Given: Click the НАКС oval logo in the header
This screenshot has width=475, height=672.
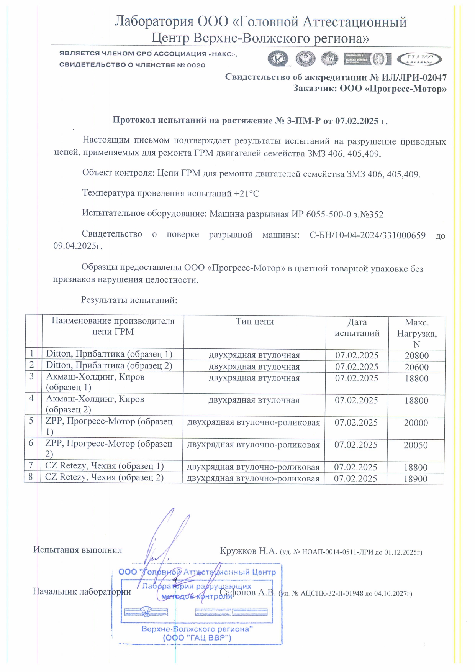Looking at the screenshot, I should pyautogui.click(x=419, y=59).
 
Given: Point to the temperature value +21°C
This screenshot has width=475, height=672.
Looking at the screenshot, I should pyautogui.click(x=246, y=194).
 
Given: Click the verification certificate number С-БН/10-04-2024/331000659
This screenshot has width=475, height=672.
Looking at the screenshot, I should pyautogui.click(x=367, y=235).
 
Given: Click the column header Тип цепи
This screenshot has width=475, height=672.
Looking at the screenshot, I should pyautogui.click(x=255, y=322).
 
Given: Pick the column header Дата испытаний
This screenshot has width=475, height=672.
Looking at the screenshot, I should pyautogui.click(x=357, y=327).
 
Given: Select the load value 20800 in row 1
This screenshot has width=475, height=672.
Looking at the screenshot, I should pyautogui.click(x=417, y=355).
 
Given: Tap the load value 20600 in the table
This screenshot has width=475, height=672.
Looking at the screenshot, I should pyautogui.click(x=417, y=367).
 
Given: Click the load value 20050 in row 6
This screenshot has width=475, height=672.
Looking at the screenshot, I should pyautogui.click(x=416, y=445).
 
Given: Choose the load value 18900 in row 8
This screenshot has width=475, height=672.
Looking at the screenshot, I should pyautogui.click(x=416, y=479).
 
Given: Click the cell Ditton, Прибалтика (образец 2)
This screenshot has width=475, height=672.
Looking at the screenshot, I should pyautogui.click(x=109, y=366).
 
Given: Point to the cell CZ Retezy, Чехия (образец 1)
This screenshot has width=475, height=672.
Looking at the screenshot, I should pyautogui.click(x=105, y=466).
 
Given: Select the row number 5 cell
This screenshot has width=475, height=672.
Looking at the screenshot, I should pyautogui.click(x=31, y=421).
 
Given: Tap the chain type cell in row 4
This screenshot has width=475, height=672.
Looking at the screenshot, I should pyautogui.click(x=254, y=400).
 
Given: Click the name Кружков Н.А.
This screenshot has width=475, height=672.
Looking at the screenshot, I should pyautogui.click(x=248, y=551).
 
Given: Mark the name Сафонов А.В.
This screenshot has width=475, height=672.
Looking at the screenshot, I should pyautogui.click(x=247, y=593).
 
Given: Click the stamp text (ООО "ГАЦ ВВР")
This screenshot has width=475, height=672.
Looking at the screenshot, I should pyautogui.click(x=197, y=638).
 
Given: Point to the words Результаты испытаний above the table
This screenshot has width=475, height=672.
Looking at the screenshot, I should pyautogui.click(x=129, y=300).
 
